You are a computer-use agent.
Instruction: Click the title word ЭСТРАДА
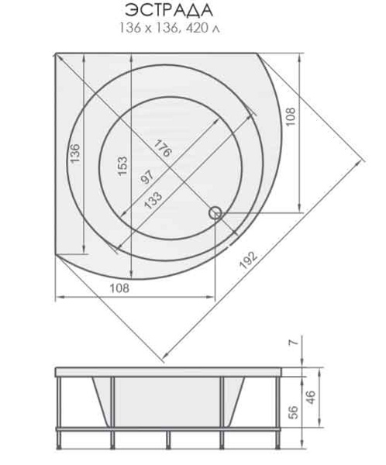[x=169, y=11]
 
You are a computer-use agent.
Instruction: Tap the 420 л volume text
[x=202, y=28]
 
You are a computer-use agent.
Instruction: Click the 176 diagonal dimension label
[x=163, y=148]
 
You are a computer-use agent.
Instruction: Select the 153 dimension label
[x=122, y=166]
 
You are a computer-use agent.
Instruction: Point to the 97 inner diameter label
[x=147, y=177]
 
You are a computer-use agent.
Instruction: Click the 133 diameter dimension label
[x=153, y=201]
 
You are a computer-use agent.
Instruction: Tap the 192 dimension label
[x=248, y=260]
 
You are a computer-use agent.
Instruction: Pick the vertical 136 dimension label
[x=74, y=153]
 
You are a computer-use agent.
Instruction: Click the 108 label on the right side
[x=291, y=116]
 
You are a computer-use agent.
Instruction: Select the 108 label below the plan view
[x=120, y=288]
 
